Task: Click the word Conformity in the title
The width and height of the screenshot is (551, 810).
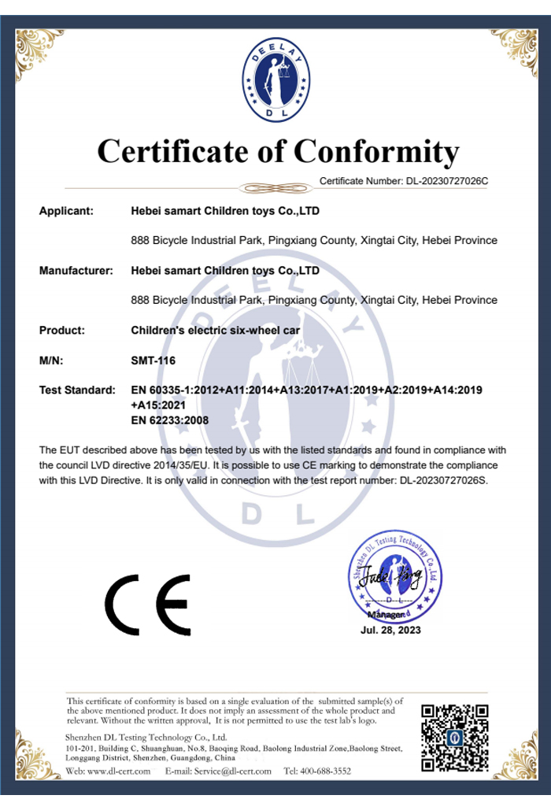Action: [376, 150]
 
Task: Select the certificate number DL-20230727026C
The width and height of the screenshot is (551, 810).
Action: [447, 181]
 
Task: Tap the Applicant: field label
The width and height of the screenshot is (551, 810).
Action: [66, 211]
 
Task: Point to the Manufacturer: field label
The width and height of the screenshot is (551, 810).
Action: [76, 271]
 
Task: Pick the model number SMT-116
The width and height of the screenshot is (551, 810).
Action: [153, 361]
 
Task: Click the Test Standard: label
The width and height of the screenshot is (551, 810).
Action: [77, 390]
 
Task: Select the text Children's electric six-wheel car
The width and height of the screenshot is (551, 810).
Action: [204, 331]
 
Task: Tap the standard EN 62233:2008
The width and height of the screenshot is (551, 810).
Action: [169, 420]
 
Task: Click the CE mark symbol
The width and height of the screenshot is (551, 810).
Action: [148, 605]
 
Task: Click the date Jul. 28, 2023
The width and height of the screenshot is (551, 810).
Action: [390, 630]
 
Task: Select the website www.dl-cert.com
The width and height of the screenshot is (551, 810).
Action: [119, 771]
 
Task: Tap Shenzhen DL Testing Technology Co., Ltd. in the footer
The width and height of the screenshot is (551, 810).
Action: [146, 737]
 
